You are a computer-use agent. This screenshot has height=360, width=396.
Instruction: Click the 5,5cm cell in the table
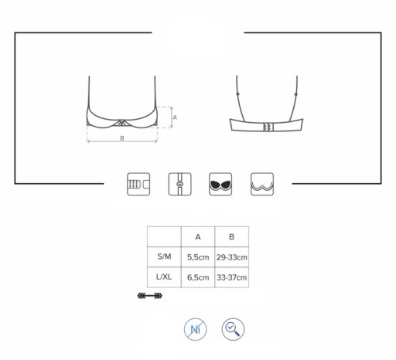coord(198,257)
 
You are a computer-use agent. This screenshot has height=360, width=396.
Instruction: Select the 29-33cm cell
coord(232,257)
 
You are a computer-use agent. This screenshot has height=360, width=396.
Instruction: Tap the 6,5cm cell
coord(198,277)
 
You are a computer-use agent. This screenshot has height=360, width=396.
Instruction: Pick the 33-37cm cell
coord(232,277)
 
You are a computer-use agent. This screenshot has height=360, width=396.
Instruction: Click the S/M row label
coord(164,256)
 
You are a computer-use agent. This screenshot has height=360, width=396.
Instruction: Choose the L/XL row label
coord(164,277)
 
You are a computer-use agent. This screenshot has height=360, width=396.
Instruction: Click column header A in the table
coord(198,237)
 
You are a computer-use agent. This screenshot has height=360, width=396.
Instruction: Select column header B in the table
coord(231,237)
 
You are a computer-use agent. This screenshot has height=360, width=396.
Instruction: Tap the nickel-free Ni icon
coord(196,329)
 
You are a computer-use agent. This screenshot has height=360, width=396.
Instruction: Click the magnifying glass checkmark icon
coord(233,329)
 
